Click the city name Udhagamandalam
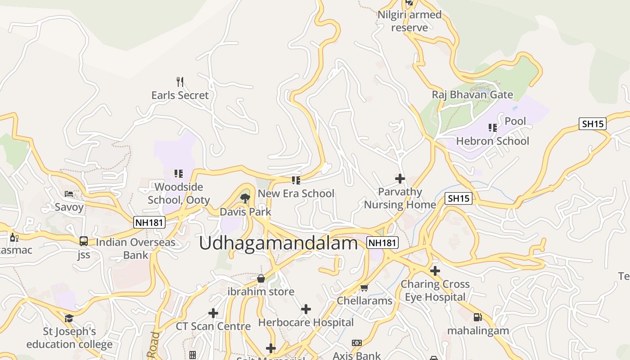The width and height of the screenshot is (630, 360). [x=278, y=243]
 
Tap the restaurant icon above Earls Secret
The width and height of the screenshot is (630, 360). [x=180, y=81]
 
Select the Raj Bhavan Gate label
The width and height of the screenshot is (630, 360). [x=472, y=94]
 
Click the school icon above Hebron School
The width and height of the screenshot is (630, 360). [x=493, y=128]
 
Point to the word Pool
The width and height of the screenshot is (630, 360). [x=515, y=121]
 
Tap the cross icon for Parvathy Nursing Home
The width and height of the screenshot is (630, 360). [x=400, y=179]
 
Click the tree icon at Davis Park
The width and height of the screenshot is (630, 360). [x=245, y=198]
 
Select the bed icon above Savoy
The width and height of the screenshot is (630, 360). [x=69, y=194]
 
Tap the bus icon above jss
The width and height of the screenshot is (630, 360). [x=84, y=241]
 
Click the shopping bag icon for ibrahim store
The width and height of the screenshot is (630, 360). [x=261, y=279]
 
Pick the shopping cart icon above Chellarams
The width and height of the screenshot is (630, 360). [x=364, y=287]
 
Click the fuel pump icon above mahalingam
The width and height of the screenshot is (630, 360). [x=477, y=317]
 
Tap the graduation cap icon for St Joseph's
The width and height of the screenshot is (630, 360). [x=69, y=319]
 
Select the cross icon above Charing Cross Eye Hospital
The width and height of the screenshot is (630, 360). [x=435, y=271]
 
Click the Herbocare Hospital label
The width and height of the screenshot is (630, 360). [x=306, y=322]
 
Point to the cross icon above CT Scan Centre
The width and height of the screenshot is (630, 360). [x=213, y=313]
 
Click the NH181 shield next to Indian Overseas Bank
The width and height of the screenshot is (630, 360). [x=149, y=222]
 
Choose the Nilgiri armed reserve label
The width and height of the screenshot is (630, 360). [x=409, y=21]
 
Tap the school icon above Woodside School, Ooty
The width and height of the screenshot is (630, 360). [x=179, y=173]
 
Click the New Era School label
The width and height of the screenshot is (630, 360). [x=296, y=193]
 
